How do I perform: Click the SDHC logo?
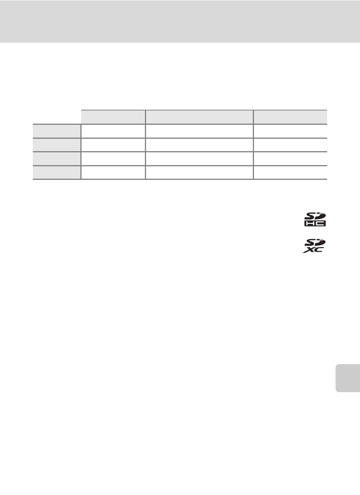[315, 219]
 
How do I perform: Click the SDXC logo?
[314, 246]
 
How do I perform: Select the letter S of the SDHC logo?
[309, 216]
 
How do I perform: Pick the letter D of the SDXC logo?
[320, 242]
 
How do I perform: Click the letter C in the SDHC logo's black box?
[320, 224]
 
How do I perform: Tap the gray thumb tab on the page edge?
[348, 378]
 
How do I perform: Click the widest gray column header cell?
[199, 117]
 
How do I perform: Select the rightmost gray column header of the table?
[290, 117]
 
